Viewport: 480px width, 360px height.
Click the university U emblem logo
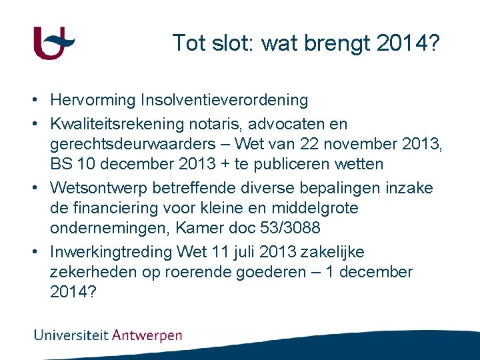53,43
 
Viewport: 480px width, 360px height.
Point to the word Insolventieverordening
225,101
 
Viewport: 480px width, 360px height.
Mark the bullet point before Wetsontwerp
33,188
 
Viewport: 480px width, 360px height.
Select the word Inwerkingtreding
111,252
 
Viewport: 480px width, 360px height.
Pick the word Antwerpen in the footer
147,335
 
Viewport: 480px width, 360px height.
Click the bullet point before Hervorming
33,101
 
